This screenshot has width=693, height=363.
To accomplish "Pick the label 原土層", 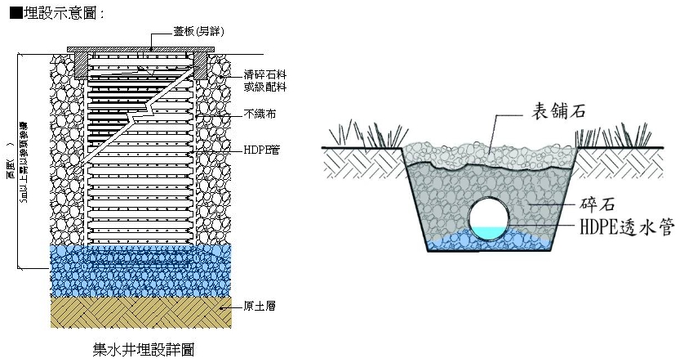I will click(x=259, y=307).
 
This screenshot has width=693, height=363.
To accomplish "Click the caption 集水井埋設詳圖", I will click(x=143, y=348).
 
